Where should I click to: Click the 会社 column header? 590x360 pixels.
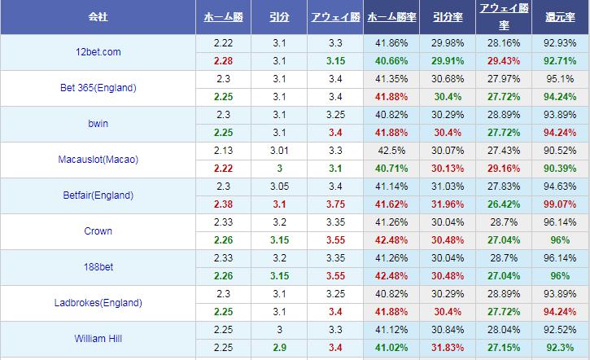[98, 16]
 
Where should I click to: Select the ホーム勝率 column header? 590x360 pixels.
[393, 16]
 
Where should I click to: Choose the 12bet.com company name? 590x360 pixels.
[98, 52]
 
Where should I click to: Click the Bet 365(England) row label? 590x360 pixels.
[98, 88]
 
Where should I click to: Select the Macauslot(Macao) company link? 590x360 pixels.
[98, 160]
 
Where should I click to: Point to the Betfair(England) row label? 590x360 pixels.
[98, 195]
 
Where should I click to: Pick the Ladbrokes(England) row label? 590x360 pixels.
[98, 303]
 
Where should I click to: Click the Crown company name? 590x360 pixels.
[98, 231]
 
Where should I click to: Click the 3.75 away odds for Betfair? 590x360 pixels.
[334, 203]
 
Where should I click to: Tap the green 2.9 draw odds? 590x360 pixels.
[279, 346]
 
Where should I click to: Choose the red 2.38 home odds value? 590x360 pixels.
[224, 203]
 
